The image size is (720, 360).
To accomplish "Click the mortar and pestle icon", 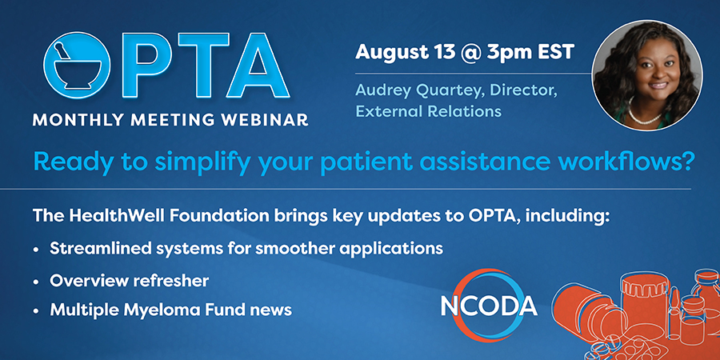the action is point(77,66).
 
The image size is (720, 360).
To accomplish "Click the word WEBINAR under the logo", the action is point(274,120).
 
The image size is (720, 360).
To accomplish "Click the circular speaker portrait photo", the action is point(646,75).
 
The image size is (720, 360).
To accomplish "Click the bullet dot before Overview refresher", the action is point(35,282).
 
